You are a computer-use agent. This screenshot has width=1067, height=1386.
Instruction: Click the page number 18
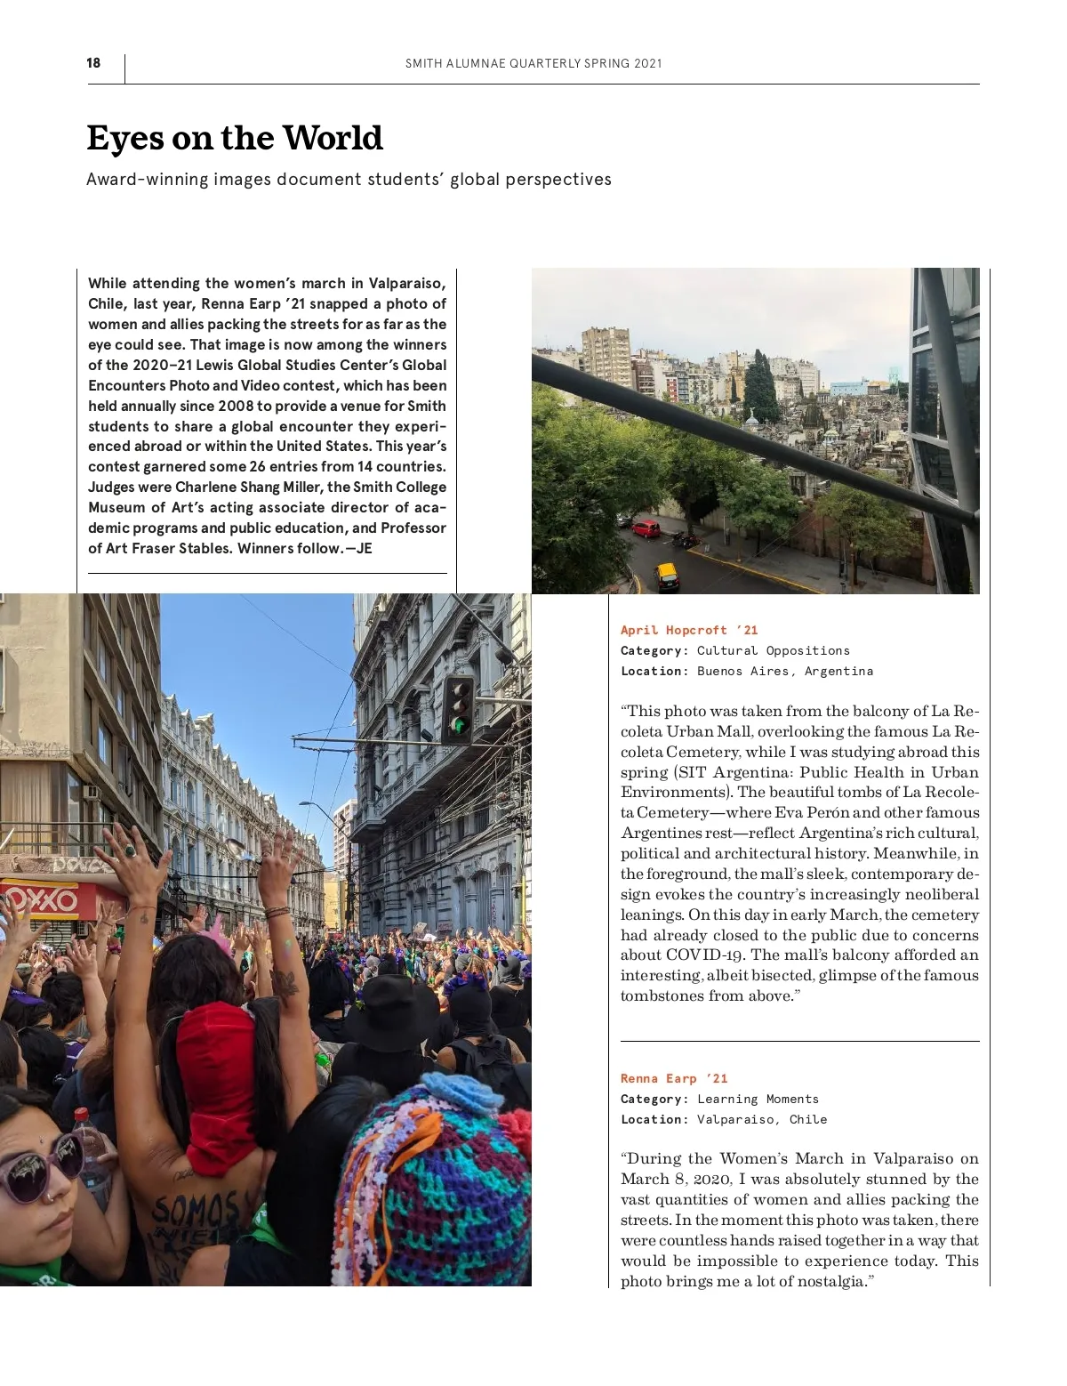pos(93,63)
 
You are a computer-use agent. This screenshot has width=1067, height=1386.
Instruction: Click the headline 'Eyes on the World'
pos(235,139)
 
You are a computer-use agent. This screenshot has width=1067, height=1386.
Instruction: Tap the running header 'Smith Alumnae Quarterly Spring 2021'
pos(533,63)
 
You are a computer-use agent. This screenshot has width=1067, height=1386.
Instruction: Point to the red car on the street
pos(646,528)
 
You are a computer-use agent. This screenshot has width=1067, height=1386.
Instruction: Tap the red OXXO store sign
pos(40,899)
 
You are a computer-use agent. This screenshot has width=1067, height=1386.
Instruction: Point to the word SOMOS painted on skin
pos(196,1211)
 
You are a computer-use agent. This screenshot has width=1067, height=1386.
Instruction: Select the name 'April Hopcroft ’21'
pos(689,630)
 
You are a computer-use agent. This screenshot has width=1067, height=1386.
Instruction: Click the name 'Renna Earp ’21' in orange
pos(674,1078)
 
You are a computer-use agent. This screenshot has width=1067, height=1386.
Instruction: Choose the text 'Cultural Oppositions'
pos(773,650)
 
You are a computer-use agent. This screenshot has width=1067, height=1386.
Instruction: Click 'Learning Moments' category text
pos(758,1099)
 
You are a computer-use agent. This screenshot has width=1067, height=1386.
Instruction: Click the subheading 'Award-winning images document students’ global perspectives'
pos(349,180)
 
